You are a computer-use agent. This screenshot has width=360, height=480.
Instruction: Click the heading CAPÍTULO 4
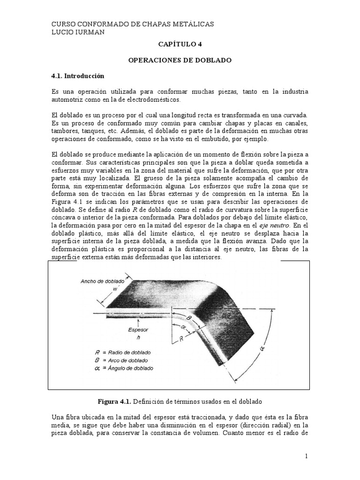click(x=180, y=45)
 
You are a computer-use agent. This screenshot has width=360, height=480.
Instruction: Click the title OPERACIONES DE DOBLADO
click(x=180, y=60)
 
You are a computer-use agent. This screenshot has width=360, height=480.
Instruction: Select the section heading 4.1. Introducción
click(x=77, y=76)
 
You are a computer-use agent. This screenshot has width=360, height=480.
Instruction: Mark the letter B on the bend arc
click(x=188, y=318)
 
